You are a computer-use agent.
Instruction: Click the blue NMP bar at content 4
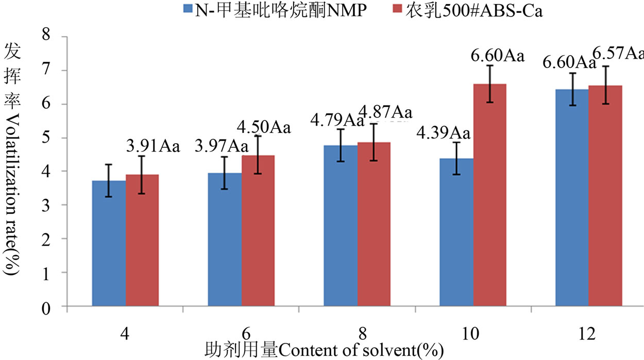pos(109,244)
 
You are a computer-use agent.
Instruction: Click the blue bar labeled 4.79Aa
pos(341,227)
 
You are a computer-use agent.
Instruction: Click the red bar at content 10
pos(490,196)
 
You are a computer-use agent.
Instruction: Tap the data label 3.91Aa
pos(152,147)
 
